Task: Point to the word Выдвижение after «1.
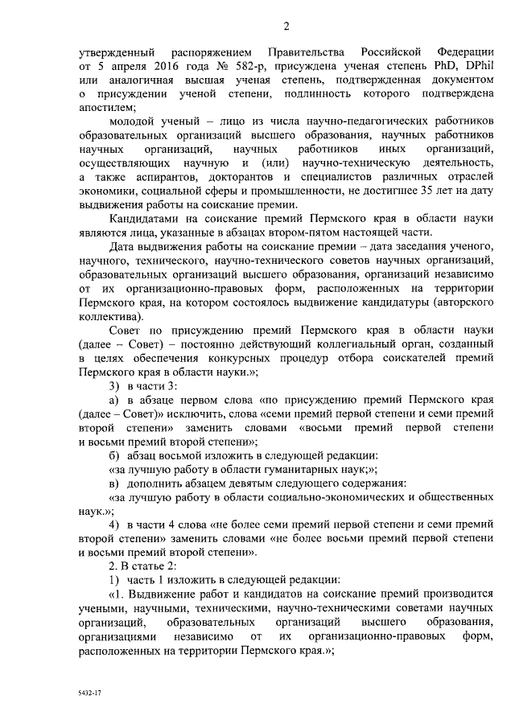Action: [x=163, y=594]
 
